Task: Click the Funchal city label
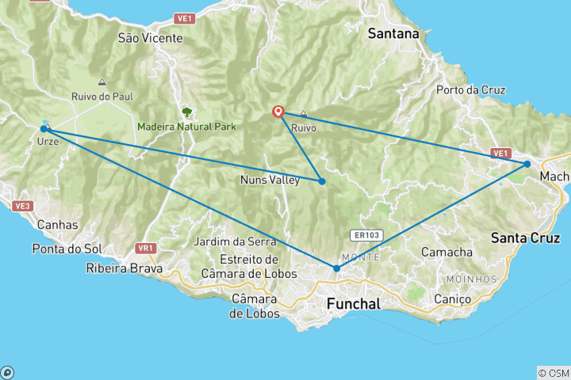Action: [x=354, y=304]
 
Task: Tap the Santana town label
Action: [x=393, y=34]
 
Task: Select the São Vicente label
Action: [x=150, y=37]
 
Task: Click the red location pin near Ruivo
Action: [x=278, y=112]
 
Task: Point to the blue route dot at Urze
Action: [x=44, y=128]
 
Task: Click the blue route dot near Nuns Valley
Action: [x=323, y=181]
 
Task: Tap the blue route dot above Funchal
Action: [x=336, y=268]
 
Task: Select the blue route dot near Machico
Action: [x=527, y=164]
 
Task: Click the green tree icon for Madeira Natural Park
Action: [x=187, y=112]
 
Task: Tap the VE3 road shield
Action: [x=21, y=206]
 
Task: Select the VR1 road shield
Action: [x=144, y=248]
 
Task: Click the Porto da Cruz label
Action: [x=471, y=89]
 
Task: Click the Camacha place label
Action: [x=446, y=252]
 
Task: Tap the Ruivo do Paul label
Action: [x=102, y=96]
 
